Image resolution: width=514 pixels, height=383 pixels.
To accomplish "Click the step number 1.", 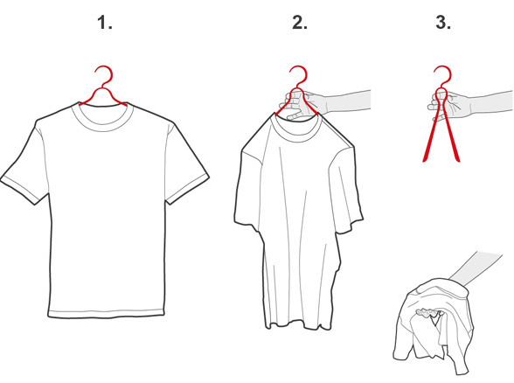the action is point(105,23).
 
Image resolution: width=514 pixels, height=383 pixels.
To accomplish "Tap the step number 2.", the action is point(300,23).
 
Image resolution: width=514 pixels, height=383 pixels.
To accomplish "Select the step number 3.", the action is point(443,23).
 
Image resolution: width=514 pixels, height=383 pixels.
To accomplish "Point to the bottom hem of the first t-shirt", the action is point(107,313).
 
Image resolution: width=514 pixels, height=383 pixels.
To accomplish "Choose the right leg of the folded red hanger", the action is point(453,138).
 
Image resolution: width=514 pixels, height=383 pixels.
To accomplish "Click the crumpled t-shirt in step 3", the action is point(433,324).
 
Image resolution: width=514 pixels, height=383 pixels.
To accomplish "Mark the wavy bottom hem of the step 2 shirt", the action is point(298,325).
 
